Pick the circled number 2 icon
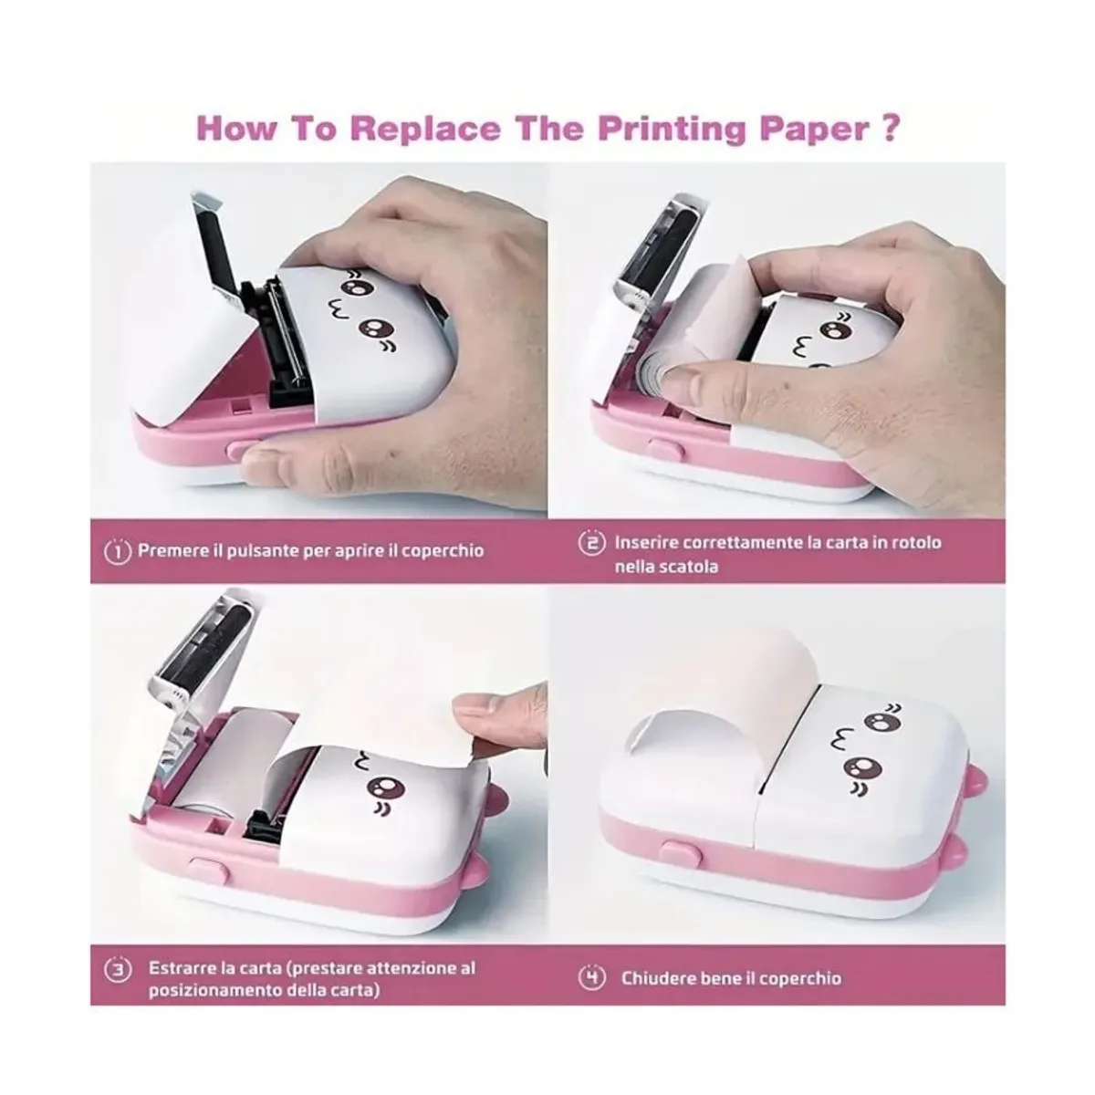(591, 543)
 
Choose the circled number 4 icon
(591, 978)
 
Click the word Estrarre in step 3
(180, 967)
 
